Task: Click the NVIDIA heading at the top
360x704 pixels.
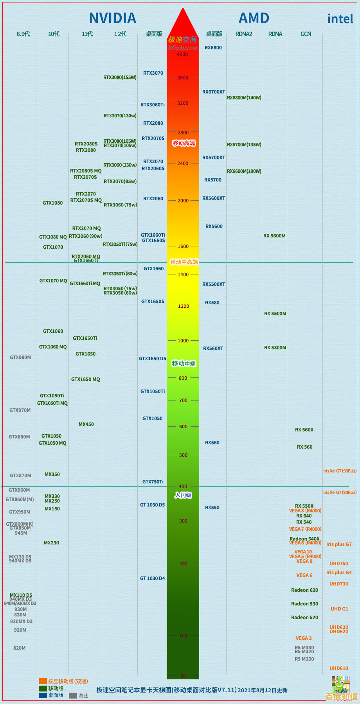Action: [x=112, y=18]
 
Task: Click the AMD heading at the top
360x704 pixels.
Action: [x=254, y=18]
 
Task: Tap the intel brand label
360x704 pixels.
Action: [x=340, y=19]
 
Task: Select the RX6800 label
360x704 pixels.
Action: [x=213, y=48]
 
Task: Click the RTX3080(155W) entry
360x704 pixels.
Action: [x=120, y=77]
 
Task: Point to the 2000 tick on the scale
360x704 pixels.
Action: [x=183, y=201]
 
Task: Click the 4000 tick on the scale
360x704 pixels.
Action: [x=182, y=54]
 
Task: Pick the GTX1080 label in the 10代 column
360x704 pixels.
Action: [x=53, y=203]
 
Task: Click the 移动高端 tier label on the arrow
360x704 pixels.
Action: [x=184, y=143]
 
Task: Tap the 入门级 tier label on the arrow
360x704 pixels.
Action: [x=183, y=496]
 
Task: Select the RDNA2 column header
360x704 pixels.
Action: [x=244, y=34]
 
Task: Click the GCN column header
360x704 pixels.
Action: [x=306, y=34]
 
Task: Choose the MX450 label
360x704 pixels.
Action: [x=86, y=424]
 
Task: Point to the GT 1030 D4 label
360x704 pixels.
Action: [x=153, y=578]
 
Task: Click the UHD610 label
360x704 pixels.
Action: [x=338, y=668]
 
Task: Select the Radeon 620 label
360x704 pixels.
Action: [x=304, y=590]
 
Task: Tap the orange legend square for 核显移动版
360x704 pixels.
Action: [x=43, y=681]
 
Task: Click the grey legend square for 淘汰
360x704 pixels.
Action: [x=73, y=696]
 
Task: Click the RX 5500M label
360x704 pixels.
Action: [x=275, y=314]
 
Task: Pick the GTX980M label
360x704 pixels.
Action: [x=20, y=357]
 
